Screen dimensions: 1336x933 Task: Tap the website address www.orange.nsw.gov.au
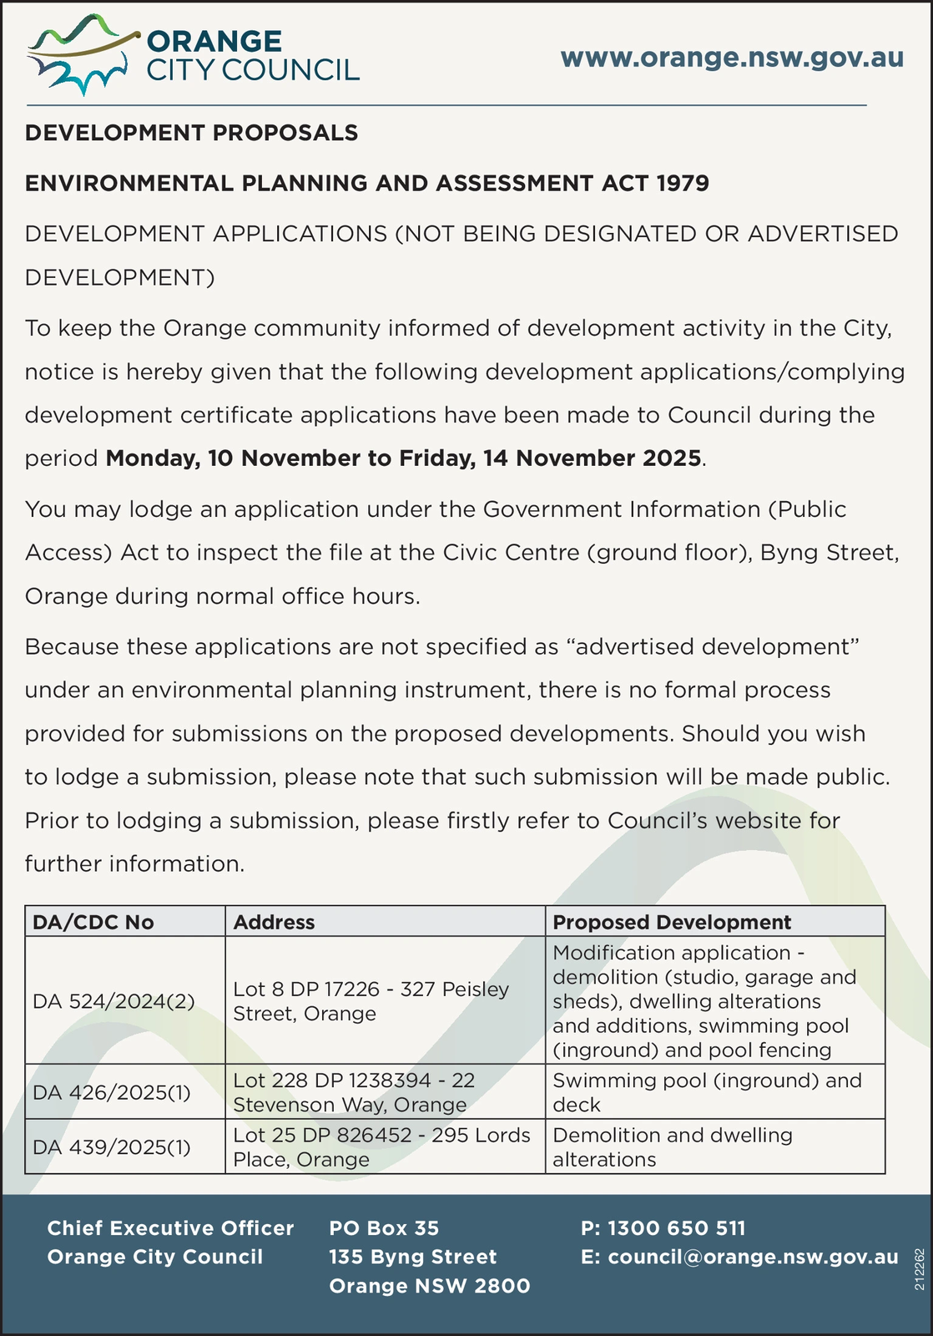point(732,58)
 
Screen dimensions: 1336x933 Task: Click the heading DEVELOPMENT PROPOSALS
point(191,133)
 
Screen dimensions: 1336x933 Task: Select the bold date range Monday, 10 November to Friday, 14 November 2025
point(403,458)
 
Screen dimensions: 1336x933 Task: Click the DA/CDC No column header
point(93,922)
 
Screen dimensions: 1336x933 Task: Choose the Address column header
point(274,922)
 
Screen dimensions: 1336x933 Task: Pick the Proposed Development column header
point(672,922)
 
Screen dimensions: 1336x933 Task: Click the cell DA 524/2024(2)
point(113,1001)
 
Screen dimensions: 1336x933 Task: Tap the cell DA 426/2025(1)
point(112,1092)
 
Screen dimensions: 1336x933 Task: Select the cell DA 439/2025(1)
point(112,1147)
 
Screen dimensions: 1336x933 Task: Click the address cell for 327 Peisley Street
point(371,1001)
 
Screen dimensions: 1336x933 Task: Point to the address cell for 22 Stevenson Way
point(354,1092)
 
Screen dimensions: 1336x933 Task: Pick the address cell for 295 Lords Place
point(381,1147)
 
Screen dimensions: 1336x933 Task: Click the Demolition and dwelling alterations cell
point(673,1147)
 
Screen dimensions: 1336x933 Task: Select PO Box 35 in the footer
point(384,1228)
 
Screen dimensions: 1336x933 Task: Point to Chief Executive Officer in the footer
point(170,1228)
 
